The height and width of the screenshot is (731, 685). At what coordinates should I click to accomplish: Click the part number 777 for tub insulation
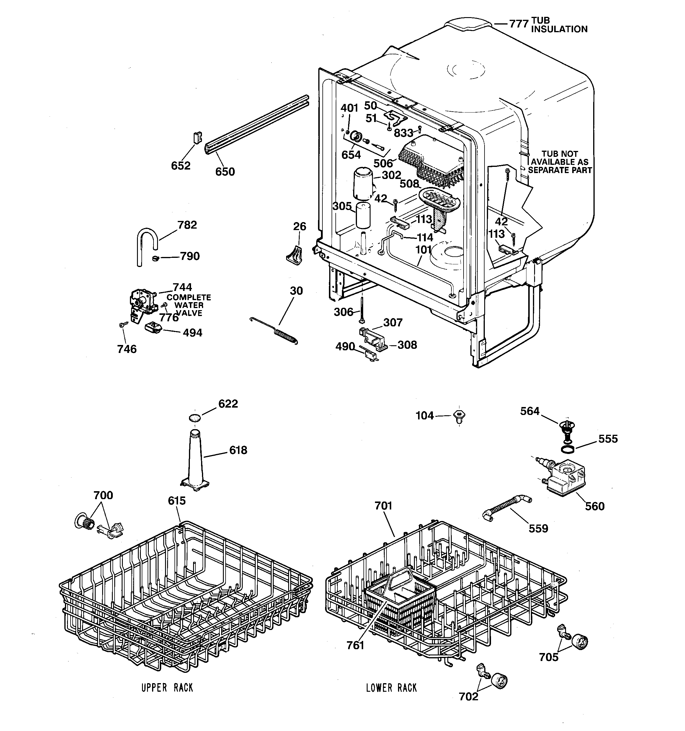pyautogui.click(x=518, y=24)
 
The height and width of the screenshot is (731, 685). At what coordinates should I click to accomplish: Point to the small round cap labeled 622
pyautogui.click(x=195, y=417)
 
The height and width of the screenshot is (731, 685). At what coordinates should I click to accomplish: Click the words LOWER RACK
pyautogui.click(x=391, y=688)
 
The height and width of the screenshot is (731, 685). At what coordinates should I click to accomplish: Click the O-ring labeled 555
pyautogui.click(x=568, y=449)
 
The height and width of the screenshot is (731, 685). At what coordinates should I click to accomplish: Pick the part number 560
pyautogui.click(x=595, y=506)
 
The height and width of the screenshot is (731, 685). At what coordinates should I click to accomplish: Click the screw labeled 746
pyautogui.click(x=123, y=324)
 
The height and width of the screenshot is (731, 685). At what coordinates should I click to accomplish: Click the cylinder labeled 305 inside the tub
pyautogui.click(x=363, y=215)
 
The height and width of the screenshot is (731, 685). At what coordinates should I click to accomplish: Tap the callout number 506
pyautogui.click(x=383, y=163)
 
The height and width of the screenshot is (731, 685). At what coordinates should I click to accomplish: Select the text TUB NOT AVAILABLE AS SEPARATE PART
pyautogui.click(x=560, y=162)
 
